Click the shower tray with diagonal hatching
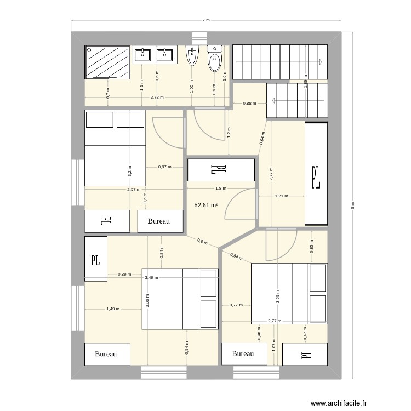tap(107, 61)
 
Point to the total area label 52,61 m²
tap(207, 206)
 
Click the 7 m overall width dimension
tap(206, 20)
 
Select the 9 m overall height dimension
tap(352, 206)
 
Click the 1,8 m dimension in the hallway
tap(220, 189)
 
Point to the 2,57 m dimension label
tap(133, 189)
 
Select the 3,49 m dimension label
tap(152, 278)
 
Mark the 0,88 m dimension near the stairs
tap(250, 103)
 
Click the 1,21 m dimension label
tap(281, 196)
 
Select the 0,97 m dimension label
tap(164, 167)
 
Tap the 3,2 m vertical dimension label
tap(130, 171)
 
